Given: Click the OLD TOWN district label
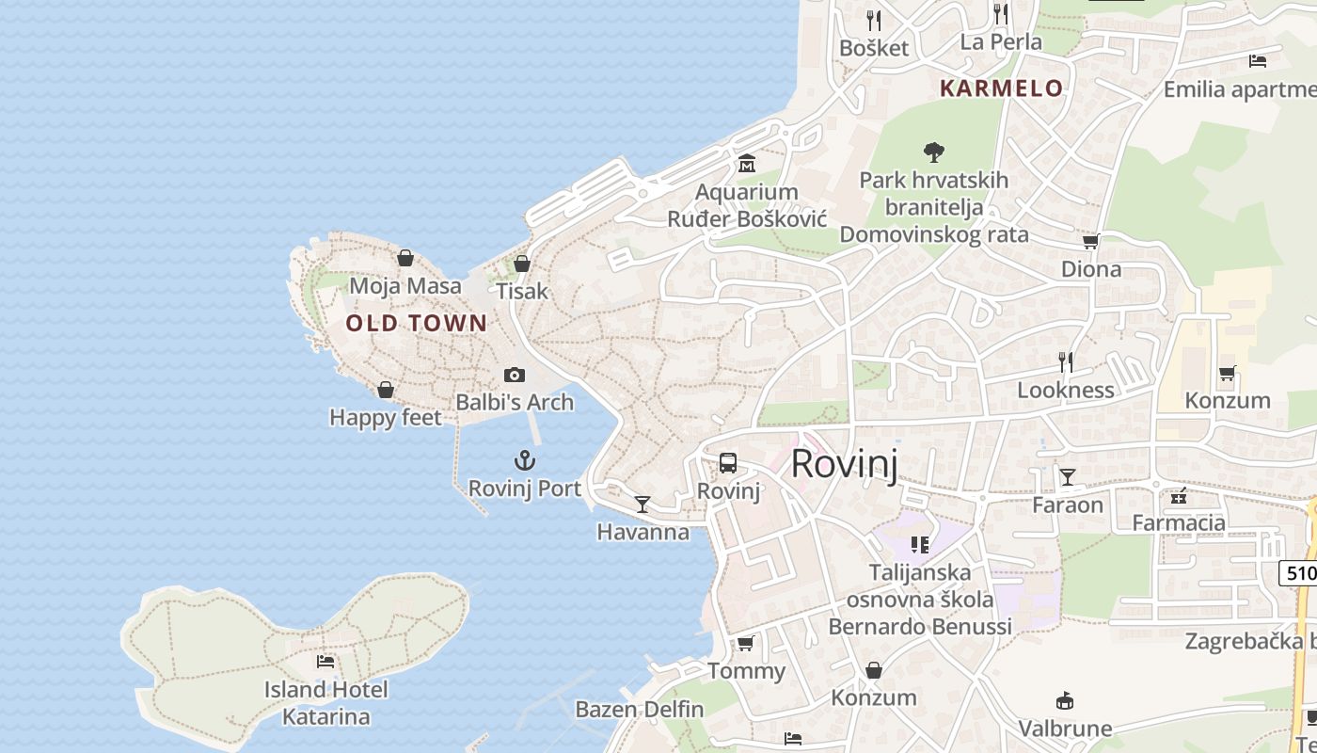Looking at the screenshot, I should pyautogui.click(x=416, y=324).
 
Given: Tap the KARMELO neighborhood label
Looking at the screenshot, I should pyautogui.click(x=1002, y=88).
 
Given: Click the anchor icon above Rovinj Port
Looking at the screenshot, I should pyautogui.click(x=524, y=460).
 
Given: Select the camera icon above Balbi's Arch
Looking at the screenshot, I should pyautogui.click(x=515, y=375).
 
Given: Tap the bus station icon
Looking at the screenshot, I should pyautogui.click(x=728, y=463).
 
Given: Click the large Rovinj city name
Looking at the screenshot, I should pyautogui.click(x=844, y=464).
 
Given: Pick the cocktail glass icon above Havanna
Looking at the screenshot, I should pyautogui.click(x=643, y=505).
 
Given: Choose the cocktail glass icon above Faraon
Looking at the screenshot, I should pyautogui.click(x=1068, y=477).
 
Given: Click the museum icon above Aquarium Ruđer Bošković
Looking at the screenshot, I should pyautogui.click(x=747, y=164).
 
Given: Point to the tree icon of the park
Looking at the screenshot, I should pyautogui.click(x=934, y=151).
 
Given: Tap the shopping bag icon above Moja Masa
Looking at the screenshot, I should pyautogui.click(x=405, y=258).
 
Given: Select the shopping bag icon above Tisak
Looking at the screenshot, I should pyautogui.click(x=522, y=264).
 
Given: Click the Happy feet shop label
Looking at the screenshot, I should pyautogui.click(x=386, y=417).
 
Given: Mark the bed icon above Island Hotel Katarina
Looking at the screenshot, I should pyautogui.click(x=325, y=662).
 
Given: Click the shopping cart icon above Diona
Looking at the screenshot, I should pyautogui.click(x=1091, y=242).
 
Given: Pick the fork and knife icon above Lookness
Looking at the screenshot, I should pyautogui.click(x=1066, y=362).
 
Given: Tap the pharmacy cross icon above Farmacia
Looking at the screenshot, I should pyautogui.click(x=1179, y=496).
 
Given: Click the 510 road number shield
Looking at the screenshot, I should pyautogui.click(x=1299, y=571).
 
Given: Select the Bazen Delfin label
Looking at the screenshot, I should pyautogui.click(x=640, y=709).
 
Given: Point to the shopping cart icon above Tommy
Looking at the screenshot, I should pyautogui.click(x=746, y=644).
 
